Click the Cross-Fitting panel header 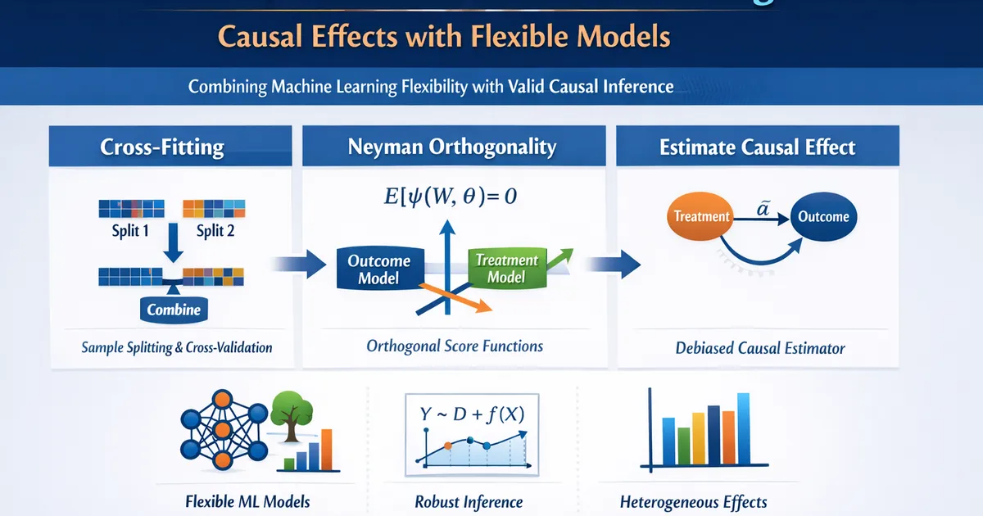(x=170, y=146)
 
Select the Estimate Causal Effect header (x=758, y=146)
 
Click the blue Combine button (x=174, y=310)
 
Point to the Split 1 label (x=130, y=231)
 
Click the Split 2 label (x=215, y=231)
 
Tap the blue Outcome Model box (x=380, y=269)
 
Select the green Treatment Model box (x=507, y=268)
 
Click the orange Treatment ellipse (x=700, y=216)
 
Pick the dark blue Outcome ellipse (x=824, y=216)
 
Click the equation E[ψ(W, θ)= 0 (x=451, y=196)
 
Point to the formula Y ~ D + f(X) (x=472, y=414)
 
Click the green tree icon (x=292, y=415)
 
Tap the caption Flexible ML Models (x=247, y=501)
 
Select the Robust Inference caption (x=469, y=502)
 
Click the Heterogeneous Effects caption (x=693, y=502)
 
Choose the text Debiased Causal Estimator (x=760, y=348)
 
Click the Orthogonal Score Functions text (x=455, y=346)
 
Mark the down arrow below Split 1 (x=174, y=242)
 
